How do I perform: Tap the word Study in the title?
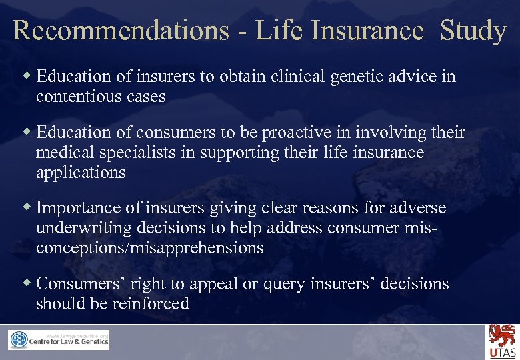pos(473,31)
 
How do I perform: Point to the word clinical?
pos(304,77)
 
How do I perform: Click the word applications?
pos(81,173)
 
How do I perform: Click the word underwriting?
pos(84,228)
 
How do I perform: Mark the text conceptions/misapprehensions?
pos(150,248)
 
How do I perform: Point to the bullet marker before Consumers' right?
pos(27,283)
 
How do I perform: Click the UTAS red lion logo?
pos(502,341)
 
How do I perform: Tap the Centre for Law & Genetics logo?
pos(59,340)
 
